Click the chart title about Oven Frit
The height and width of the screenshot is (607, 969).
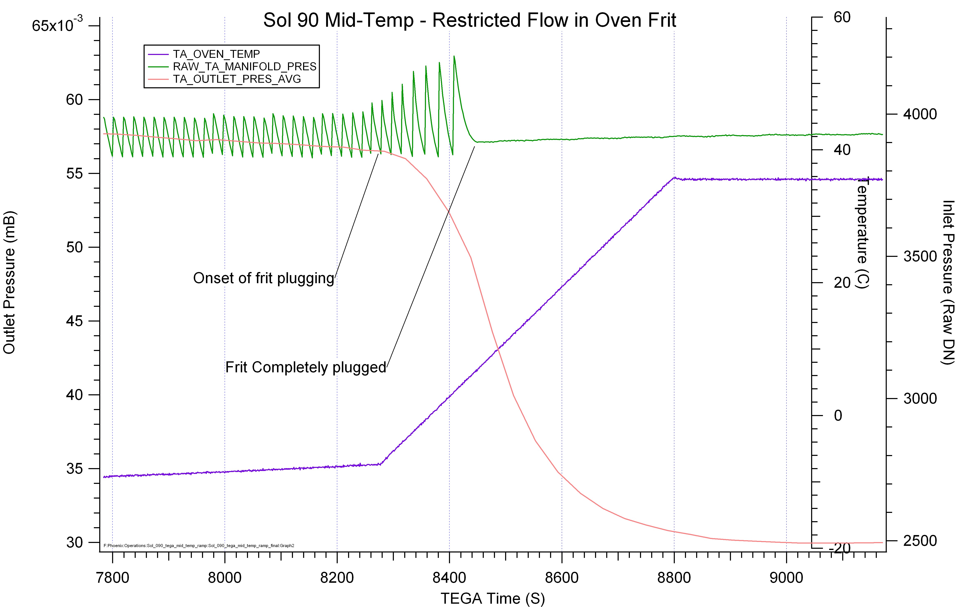coord(469,20)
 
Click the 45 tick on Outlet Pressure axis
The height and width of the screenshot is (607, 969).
coord(74,321)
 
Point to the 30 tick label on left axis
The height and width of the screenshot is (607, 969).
coord(74,542)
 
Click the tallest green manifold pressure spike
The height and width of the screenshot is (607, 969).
coord(454,57)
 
